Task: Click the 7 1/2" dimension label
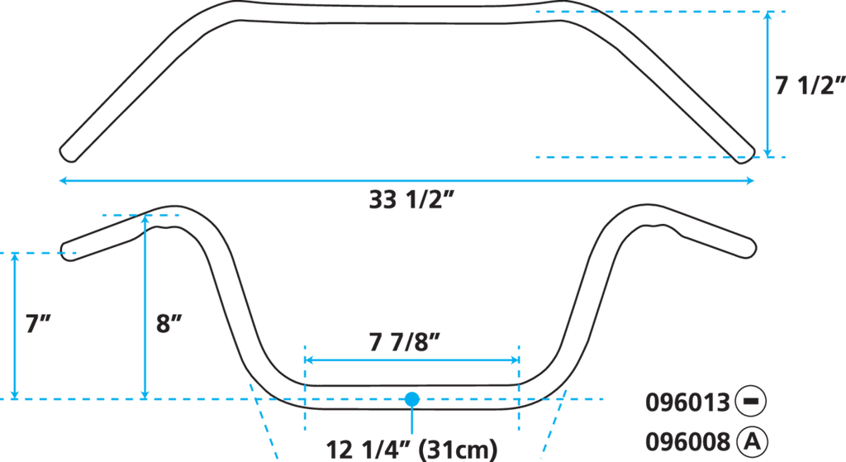808,86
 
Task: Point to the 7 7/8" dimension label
411,340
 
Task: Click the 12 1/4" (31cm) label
411,450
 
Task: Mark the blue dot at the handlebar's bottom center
411,398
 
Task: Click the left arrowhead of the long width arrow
61,180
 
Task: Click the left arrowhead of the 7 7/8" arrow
311,360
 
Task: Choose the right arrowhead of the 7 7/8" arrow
515,360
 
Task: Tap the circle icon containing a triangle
752,440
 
